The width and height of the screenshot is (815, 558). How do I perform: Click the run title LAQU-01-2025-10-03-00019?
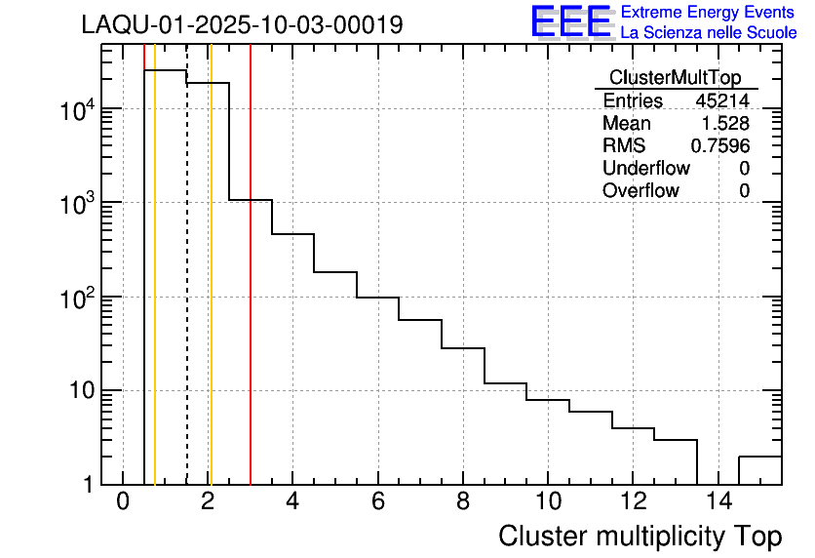coord(242,25)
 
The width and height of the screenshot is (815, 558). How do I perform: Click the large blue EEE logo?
coord(571,21)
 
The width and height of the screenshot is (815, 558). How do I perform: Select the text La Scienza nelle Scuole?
coord(709,32)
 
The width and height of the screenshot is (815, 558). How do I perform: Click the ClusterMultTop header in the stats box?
coord(675,78)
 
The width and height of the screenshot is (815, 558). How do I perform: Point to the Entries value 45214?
coord(722,101)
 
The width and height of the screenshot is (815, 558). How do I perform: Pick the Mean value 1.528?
coord(725,124)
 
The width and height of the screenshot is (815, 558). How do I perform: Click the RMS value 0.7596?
coord(720,146)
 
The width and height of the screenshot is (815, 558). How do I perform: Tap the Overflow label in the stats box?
coord(640,191)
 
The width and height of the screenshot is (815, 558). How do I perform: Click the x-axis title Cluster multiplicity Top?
coord(640,537)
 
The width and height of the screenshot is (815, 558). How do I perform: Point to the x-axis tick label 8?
coord(463,502)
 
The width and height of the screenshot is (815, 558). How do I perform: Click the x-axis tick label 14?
coord(718,502)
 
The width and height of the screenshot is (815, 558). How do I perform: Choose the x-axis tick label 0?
coord(123,502)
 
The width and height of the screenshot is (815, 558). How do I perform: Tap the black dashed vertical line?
coord(186,293)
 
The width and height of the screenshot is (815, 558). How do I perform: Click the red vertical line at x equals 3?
coord(251,293)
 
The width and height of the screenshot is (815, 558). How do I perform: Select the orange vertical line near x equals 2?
coord(211,293)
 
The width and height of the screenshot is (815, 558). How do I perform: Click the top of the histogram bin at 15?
coord(760,457)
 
